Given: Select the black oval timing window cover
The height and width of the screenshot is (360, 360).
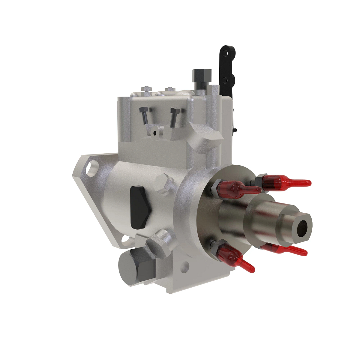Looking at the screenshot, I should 139,207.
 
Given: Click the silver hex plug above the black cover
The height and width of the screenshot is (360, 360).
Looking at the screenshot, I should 163,183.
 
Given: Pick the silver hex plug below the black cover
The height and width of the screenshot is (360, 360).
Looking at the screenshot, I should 160,244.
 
